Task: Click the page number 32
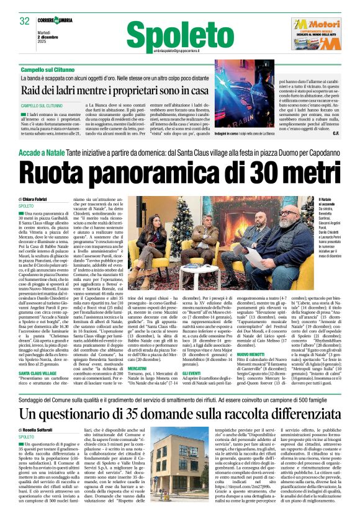point(24,20)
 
